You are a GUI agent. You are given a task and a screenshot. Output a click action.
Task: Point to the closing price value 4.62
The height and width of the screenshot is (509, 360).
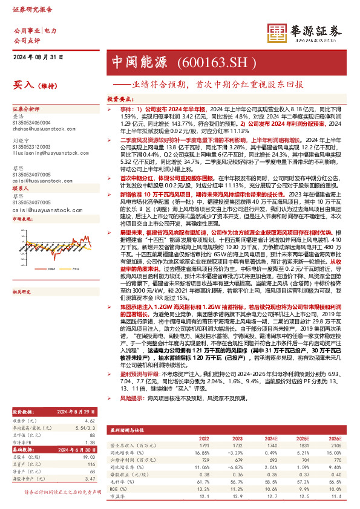click(90, 420)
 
